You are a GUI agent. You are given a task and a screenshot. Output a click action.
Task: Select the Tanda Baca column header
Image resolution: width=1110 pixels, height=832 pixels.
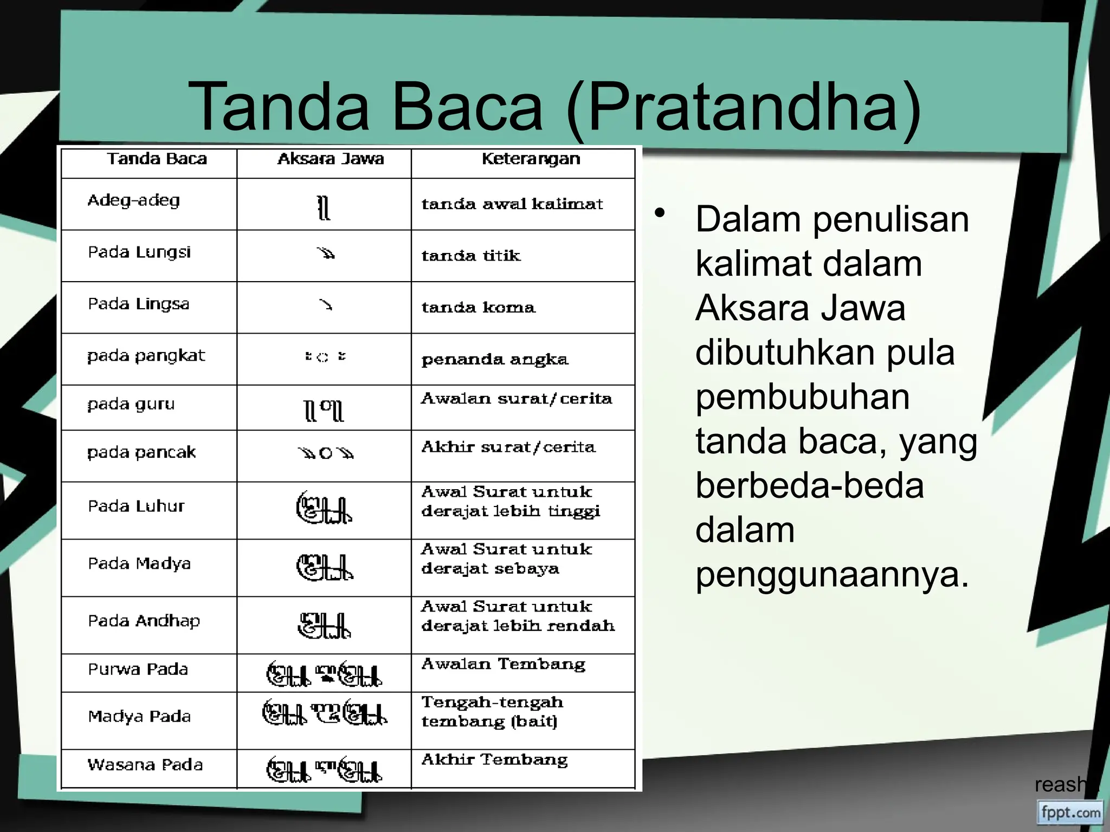coord(157,159)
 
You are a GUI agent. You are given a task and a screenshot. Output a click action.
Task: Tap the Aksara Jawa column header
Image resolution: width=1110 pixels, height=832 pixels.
coord(330,159)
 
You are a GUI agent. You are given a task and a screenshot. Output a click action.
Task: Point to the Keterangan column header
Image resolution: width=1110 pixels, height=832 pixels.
coord(531,159)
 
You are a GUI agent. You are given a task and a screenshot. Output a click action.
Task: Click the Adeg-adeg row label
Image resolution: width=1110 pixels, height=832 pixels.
coord(133,201)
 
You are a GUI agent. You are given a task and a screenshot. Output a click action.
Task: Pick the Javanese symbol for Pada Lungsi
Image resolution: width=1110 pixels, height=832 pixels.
coord(326,253)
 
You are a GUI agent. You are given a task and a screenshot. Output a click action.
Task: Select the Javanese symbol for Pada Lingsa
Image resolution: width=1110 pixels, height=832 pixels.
coord(325,305)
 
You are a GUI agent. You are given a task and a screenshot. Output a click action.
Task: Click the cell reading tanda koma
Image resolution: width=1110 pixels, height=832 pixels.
coord(478,308)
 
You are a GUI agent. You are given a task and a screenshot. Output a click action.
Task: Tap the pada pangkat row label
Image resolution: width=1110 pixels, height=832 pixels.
coord(146,356)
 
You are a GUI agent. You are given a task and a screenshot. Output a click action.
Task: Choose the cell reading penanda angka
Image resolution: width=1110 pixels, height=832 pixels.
coord(495,360)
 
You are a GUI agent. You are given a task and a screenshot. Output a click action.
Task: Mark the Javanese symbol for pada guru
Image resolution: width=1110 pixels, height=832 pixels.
coord(324,410)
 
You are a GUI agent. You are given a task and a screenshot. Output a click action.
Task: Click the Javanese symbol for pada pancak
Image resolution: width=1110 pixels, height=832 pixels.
coord(325,453)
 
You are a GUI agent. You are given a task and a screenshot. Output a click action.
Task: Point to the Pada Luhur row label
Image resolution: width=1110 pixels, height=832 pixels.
coord(136,506)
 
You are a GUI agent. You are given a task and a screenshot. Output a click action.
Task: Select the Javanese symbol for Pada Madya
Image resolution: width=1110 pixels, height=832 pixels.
coord(324,568)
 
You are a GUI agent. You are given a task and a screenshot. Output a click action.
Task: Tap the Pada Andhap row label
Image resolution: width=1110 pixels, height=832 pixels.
coord(144,621)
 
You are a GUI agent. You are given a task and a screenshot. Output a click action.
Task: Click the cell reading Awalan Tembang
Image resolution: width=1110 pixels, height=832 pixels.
coord(503,664)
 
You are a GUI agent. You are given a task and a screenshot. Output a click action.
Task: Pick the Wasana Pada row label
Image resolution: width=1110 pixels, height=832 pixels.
coord(145,765)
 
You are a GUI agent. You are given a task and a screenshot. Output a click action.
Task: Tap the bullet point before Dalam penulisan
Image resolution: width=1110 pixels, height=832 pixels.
coord(659,213)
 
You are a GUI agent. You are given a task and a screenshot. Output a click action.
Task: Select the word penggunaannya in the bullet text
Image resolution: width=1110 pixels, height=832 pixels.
coord(832,575)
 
